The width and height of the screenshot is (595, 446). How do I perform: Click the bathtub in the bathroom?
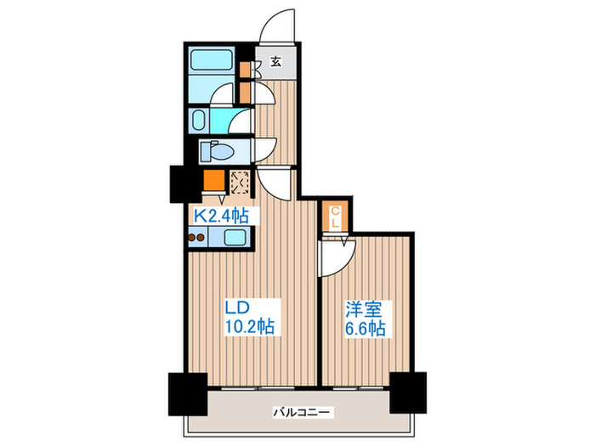click(212, 61)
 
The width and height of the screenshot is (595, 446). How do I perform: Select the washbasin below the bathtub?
click(200, 118)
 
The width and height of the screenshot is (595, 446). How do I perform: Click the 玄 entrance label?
click(276, 61)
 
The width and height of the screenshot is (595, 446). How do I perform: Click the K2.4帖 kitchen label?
click(221, 216)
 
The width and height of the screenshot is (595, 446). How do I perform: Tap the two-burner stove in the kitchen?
click(196, 238)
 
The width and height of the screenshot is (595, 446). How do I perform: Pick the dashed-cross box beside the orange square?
click(240, 181)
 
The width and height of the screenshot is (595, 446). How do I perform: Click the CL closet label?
click(336, 217)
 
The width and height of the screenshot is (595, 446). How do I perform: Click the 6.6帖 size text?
click(365, 327)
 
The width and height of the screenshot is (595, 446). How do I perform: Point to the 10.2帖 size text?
click(248, 326)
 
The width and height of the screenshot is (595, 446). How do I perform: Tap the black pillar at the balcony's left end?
click(186, 392)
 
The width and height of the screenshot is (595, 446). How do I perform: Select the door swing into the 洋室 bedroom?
click(333, 259)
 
